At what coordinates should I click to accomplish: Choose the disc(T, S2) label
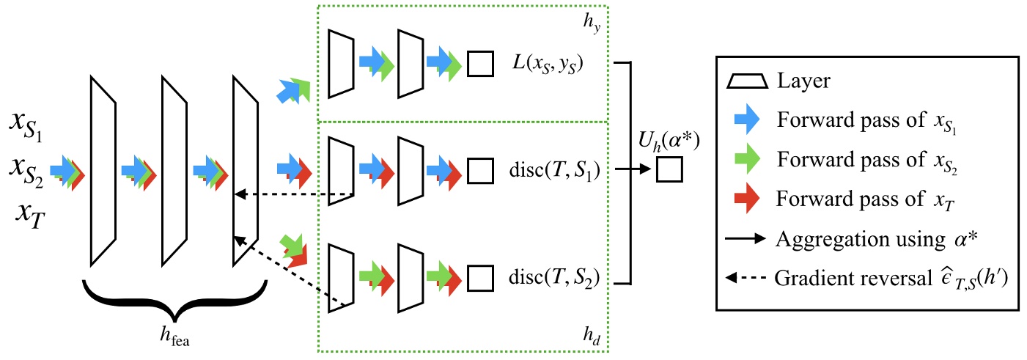click(x=554, y=278)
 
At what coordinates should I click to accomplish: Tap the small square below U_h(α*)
click(x=670, y=171)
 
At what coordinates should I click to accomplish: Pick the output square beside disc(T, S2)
click(x=480, y=278)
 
